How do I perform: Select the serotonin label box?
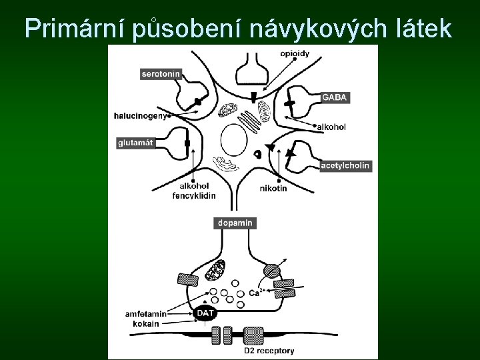pyautogui.click(x=161, y=75)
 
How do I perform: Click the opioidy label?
pyautogui.click(x=294, y=54)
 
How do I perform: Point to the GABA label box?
pyautogui.click(x=335, y=97)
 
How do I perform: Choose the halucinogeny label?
pyautogui.click(x=140, y=115)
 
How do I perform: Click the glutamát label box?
pyautogui.click(x=136, y=142)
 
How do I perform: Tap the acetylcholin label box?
pyautogui.click(x=345, y=165)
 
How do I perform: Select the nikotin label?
pyautogui.click(x=273, y=189)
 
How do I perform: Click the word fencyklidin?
pyautogui.click(x=194, y=195)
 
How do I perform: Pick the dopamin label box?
pyautogui.click(x=235, y=223)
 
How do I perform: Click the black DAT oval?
pyautogui.click(x=205, y=313)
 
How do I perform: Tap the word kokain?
pyautogui.click(x=146, y=323)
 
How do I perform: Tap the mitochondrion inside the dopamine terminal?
pyautogui.click(x=215, y=271)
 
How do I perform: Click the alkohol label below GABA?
pyautogui.click(x=331, y=127)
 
